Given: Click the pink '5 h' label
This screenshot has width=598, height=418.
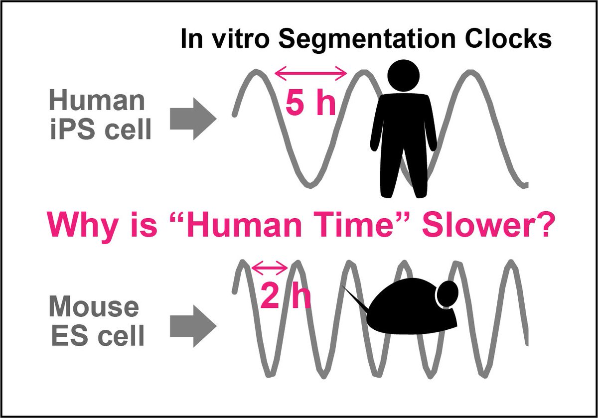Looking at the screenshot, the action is tap(310, 103).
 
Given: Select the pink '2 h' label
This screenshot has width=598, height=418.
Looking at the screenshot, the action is tap(286, 297).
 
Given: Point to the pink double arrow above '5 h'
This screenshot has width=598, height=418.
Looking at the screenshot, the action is tap(310, 75).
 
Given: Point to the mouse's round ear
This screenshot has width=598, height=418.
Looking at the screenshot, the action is tap(448, 293).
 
